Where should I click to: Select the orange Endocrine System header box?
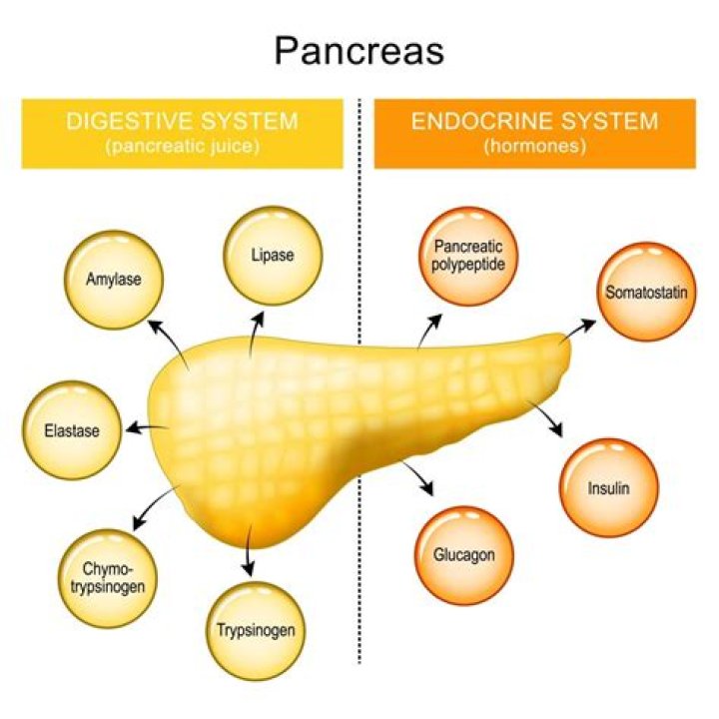tap(534, 132)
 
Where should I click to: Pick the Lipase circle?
tap(272, 255)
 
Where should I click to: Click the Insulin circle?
tap(608, 488)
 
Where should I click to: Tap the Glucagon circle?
tap(463, 555)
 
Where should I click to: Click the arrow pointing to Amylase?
tap(165, 338)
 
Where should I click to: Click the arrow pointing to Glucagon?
tap(419, 477)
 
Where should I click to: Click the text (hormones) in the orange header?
tap(534, 147)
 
